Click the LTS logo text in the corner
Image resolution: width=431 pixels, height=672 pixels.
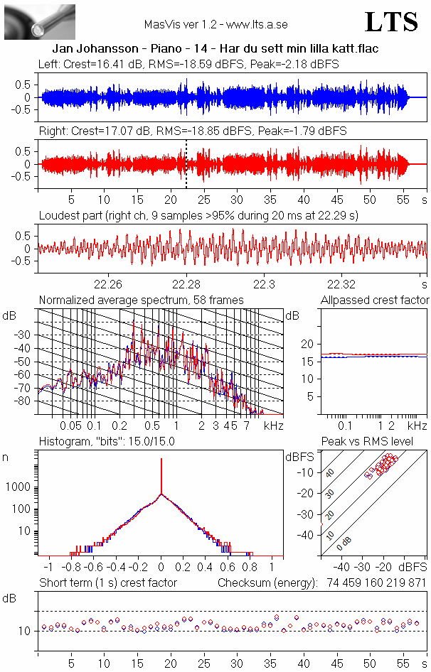391,22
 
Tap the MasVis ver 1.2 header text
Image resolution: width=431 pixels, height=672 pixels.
215,24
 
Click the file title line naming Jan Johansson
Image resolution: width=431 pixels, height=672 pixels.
215,48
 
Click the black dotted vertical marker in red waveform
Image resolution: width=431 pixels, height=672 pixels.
186,164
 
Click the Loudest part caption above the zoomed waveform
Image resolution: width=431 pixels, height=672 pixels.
198,215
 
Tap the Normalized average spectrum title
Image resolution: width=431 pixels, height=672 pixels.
141,300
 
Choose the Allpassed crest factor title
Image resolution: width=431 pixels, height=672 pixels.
375,300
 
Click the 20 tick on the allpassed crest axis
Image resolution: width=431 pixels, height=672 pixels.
308,344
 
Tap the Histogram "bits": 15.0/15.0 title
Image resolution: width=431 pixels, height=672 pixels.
107,441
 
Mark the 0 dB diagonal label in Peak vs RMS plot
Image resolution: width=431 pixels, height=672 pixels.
344,543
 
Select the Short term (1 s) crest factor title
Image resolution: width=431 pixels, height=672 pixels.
107,582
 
